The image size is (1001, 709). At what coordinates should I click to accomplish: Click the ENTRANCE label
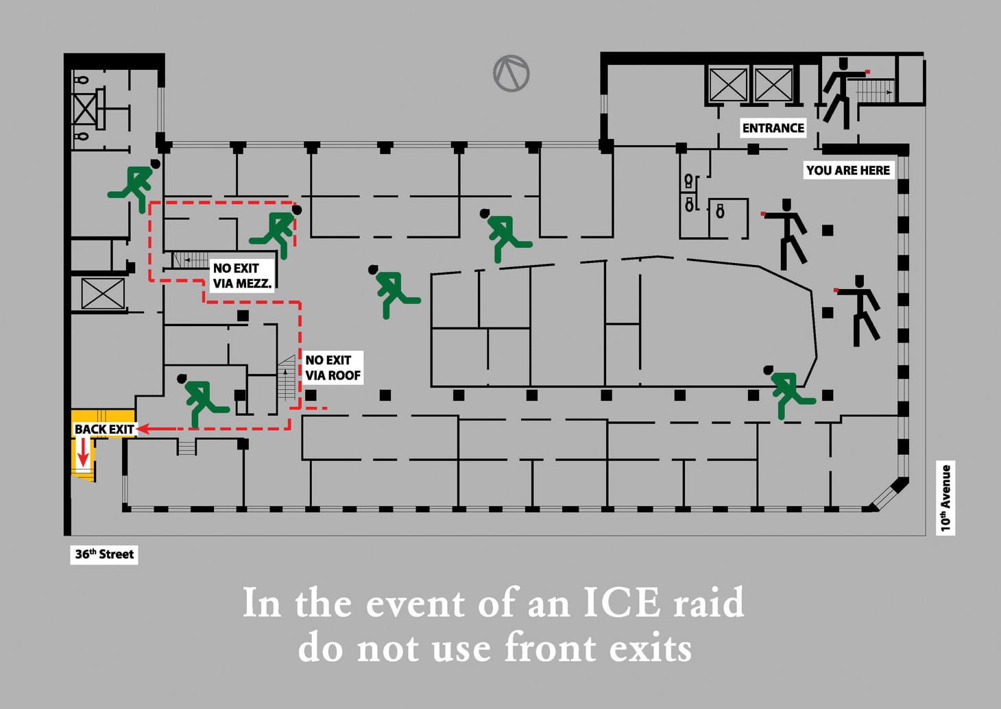[x=773, y=128]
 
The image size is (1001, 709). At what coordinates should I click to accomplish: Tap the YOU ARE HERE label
[x=847, y=171]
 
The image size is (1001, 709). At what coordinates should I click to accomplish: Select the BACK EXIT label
[x=104, y=430]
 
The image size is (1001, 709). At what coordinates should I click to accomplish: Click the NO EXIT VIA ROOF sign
[x=333, y=368]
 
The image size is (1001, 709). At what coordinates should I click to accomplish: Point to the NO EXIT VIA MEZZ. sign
[x=241, y=275]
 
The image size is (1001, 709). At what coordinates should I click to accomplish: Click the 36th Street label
[x=104, y=554]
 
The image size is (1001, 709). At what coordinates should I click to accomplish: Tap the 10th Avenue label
[x=946, y=498]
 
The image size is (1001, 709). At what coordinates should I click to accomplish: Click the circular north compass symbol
[x=511, y=73]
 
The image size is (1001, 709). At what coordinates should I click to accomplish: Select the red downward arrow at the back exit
[x=83, y=452]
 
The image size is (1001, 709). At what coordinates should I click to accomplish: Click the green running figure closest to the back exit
[x=201, y=400]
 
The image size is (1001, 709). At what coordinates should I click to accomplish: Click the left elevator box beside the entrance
[x=727, y=85]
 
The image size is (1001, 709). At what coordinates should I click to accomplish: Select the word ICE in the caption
[x=622, y=604]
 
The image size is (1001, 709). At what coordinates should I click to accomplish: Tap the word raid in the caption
[x=708, y=604]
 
